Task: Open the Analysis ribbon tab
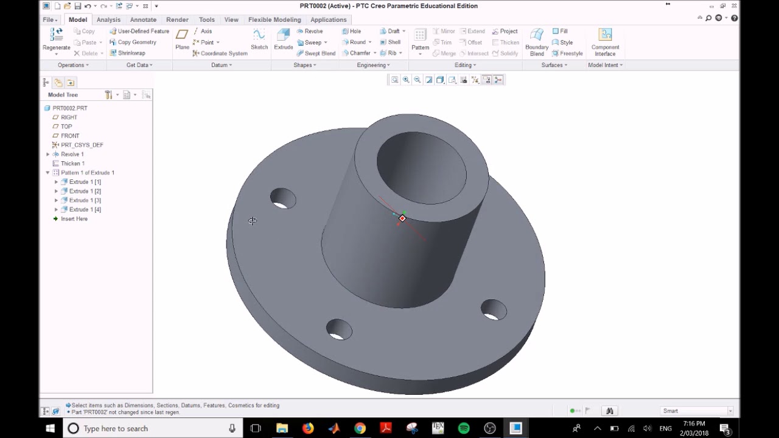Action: click(x=108, y=19)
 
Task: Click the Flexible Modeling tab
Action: click(x=274, y=19)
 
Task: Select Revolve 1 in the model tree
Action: click(x=72, y=155)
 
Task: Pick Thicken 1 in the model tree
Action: click(x=72, y=164)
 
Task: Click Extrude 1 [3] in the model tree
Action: click(x=85, y=200)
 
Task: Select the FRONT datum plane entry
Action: click(x=69, y=136)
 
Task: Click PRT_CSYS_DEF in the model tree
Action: click(x=82, y=145)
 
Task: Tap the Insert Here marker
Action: click(x=74, y=219)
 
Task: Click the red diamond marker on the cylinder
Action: click(x=402, y=218)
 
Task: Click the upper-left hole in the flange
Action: click(x=283, y=198)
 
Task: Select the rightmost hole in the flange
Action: click(x=494, y=309)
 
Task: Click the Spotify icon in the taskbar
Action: click(x=464, y=428)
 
